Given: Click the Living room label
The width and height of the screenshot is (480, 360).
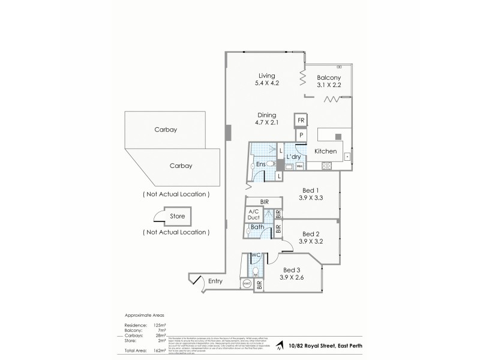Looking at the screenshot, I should pos(266,76).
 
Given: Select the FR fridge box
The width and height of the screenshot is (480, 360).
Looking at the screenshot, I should pos(301,121).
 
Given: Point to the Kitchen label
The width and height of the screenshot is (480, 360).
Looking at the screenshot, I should pos(325,151).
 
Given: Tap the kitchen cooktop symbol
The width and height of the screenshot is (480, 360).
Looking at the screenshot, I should pos(329,166).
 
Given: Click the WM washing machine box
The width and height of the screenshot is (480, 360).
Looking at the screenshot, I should pos(299,166).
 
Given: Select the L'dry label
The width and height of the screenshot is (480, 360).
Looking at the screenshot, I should pos(293,157).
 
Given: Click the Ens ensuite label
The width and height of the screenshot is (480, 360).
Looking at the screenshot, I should pos(260,164).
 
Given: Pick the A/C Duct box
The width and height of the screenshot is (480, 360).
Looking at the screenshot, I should pos(253,215).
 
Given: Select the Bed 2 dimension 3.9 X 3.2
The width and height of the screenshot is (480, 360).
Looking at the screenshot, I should pos(310,242).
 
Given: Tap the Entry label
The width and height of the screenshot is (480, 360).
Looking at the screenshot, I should pos(215,281).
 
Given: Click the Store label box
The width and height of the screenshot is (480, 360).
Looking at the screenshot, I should pos(177,216).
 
